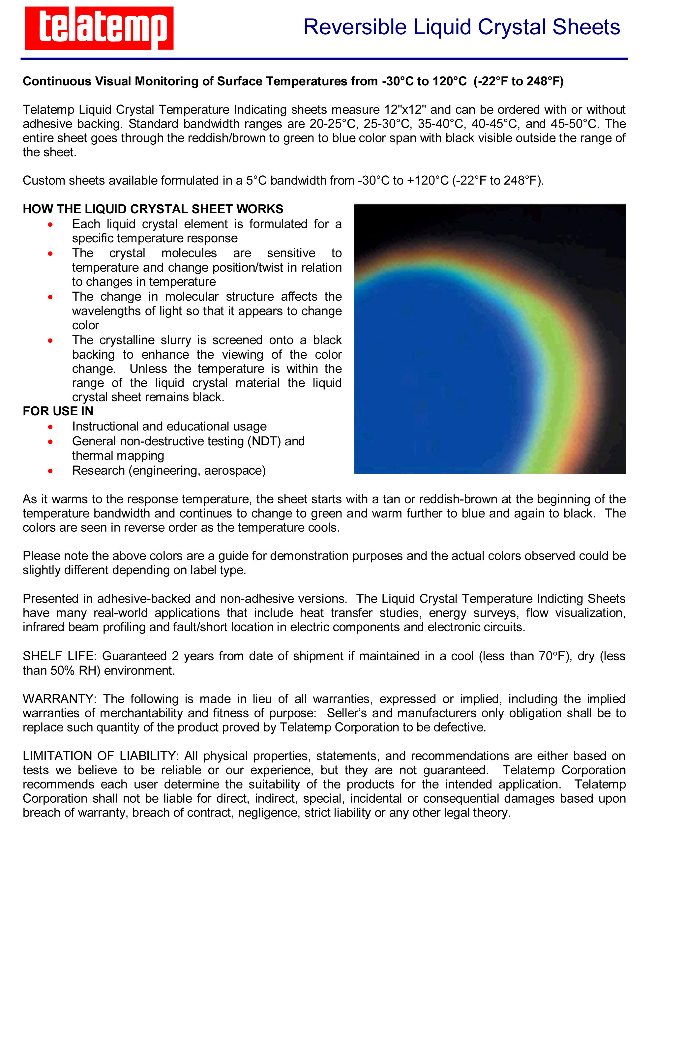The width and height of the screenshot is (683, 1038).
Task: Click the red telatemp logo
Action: [99, 28]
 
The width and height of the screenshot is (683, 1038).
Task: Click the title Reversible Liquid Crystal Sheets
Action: [461, 27]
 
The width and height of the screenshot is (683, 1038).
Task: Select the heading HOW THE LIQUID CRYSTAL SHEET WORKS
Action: [153, 209]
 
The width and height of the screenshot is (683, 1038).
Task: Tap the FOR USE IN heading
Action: [58, 411]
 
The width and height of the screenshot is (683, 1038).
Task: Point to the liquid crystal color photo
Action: [490, 339]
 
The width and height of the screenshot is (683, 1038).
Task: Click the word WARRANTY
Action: [58, 699]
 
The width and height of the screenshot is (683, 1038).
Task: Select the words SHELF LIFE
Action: [59, 656]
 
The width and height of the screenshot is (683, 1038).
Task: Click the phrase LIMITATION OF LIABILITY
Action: [100, 756]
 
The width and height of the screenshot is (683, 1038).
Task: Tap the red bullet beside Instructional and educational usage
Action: [50, 427]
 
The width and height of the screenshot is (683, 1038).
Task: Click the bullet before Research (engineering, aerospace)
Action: [50, 471]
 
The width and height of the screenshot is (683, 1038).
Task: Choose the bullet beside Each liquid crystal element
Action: [50, 224]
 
